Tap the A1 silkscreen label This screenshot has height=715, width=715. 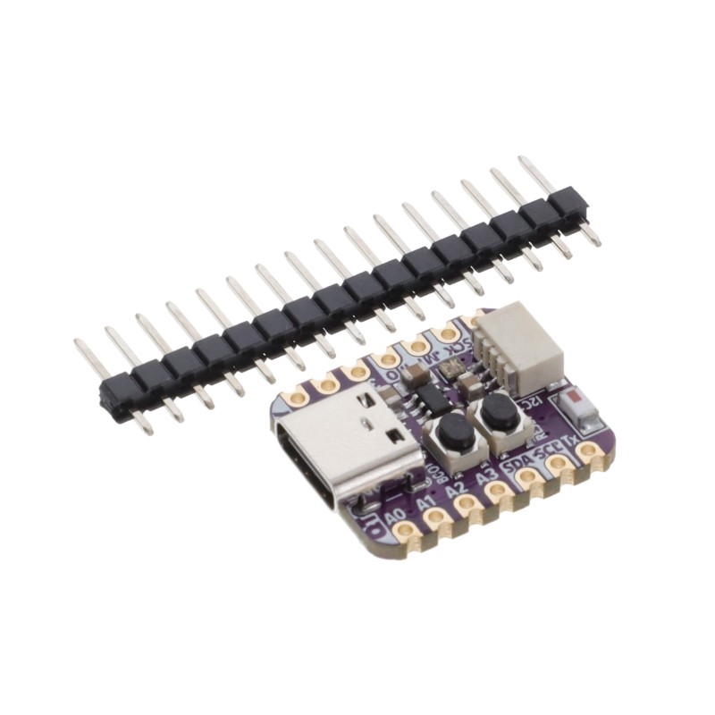429,504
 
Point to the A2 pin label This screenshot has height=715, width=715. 456,491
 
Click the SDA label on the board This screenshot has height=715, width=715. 516,464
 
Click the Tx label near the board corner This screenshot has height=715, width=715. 570,439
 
